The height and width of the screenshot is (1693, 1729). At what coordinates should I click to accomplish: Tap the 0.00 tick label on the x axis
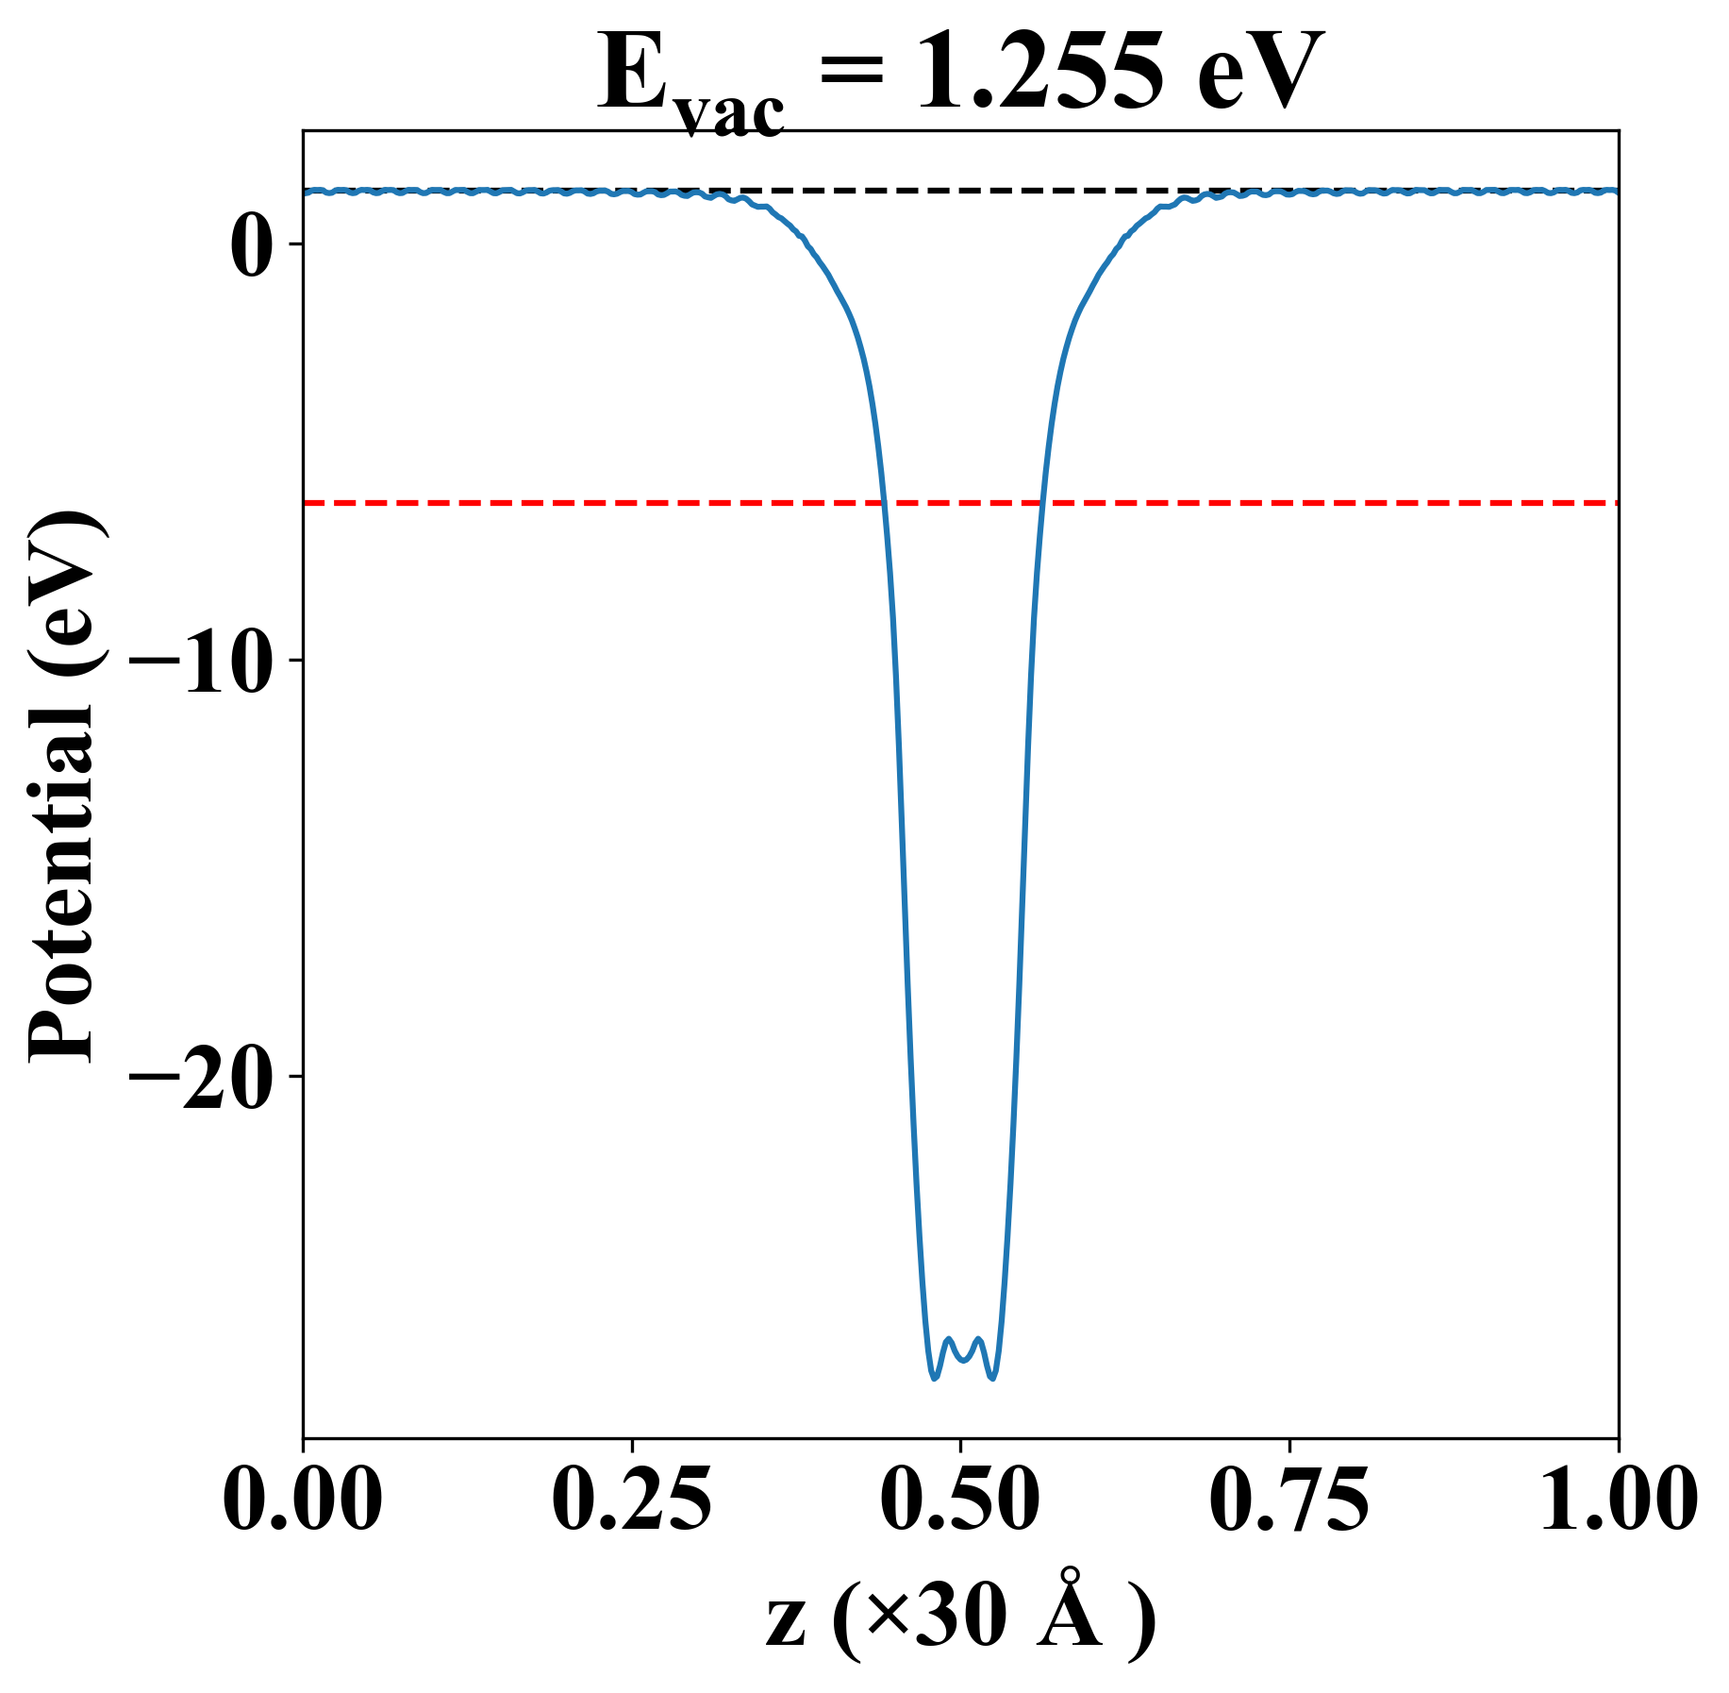(x=303, y=1500)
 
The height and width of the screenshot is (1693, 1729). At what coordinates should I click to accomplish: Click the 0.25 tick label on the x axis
(x=631, y=1500)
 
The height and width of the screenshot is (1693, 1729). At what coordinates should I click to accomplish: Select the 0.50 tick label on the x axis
(x=960, y=1500)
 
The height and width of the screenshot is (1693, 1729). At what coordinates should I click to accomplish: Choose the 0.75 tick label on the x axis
(x=1288, y=1500)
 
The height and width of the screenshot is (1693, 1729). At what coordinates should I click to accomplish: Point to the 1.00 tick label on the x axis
(x=1617, y=1500)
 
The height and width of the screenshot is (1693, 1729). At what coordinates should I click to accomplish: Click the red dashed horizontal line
(x=1321, y=503)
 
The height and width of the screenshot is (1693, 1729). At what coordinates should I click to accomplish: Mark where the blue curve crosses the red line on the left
(x=884, y=503)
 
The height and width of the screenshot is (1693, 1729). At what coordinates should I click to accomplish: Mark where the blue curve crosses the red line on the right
(x=1040, y=503)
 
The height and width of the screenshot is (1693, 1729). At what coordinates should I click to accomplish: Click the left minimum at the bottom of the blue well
(x=934, y=1378)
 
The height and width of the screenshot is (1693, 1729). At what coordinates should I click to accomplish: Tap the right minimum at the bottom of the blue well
(x=992, y=1378)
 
